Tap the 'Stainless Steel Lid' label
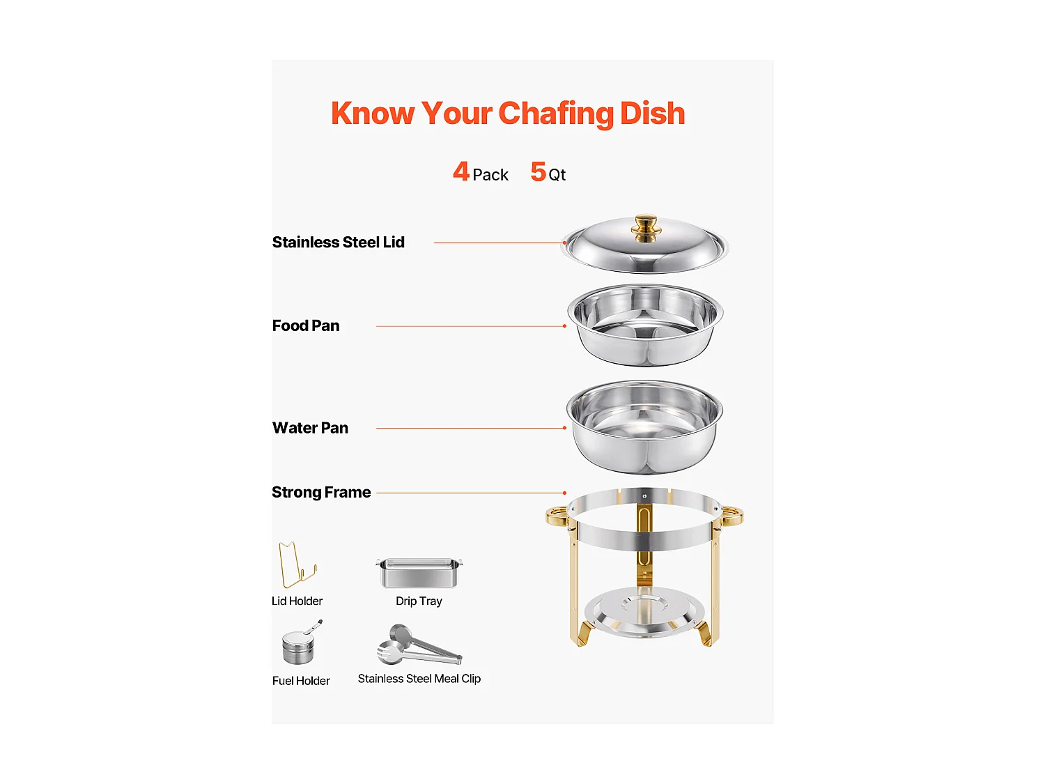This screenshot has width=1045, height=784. pos(338,243)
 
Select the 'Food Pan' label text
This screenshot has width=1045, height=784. pos(306,326)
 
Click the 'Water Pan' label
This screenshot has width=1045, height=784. pos(310,428)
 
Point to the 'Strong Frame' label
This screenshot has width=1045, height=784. pos(321,493)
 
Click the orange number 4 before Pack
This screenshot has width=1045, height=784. pos(461,171)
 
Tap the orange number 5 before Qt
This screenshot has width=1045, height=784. pos(538,171)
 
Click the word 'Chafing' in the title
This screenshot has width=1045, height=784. pos(556,114)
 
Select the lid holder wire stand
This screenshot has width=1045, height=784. pos(296,565)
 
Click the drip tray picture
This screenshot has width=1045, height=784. pos(419,572)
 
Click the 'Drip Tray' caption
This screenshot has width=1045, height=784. pos(419,601)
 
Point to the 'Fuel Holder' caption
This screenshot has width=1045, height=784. pos(301,681)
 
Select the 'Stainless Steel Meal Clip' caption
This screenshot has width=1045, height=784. pos(419,679)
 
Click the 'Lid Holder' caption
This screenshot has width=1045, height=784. pos(297,601)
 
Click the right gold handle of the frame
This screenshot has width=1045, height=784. pos(732,516)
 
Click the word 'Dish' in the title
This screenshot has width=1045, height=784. pos(652,114)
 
